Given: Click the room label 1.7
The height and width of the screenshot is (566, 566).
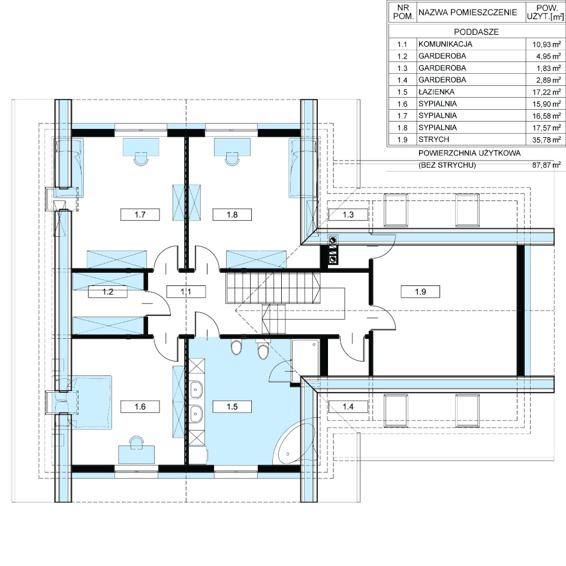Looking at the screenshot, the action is pyautogui.click(x=140, y=215).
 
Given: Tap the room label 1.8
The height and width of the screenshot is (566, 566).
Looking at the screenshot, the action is pyautogui.click(x=232, y=215).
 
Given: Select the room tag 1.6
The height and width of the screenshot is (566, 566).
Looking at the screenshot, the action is pyautogui.click(x=140, y=407).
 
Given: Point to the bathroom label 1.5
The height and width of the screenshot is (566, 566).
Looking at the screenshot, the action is pyautogui.click(x=232, y=407).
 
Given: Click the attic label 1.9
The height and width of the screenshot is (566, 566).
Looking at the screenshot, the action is pyautogui.click(x=420, y=291).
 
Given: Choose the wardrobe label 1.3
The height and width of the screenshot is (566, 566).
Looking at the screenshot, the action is pyautogui.click(x=348, y=215).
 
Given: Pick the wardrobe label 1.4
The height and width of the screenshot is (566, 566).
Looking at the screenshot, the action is pyautogui.click(x=348, y=407).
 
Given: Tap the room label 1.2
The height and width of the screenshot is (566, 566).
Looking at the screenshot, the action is pyautogui.click(x=108, y=291).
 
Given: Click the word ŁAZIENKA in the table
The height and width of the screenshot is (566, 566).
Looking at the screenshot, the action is pyautogui.click(x=436, y=92).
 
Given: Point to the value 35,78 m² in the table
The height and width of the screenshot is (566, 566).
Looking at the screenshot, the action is pyautogui.click(x=546, y=140).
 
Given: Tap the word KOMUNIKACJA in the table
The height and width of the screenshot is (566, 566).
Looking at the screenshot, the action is pyautogui.click(x=445, y=44).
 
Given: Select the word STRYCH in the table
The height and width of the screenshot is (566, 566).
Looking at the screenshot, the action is pyautogui.click(x=433, y=139).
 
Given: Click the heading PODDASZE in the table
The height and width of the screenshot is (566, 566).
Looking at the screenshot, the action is pyautogui.click(x=477, y=32).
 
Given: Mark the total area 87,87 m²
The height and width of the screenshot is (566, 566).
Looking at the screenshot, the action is pyautogui.click(x=546, y=165).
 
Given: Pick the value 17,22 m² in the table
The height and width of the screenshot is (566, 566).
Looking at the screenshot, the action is pyautogui.click(x=546, y=92).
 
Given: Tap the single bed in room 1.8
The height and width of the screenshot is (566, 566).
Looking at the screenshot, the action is pyautogui.click(x=303, y=168).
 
